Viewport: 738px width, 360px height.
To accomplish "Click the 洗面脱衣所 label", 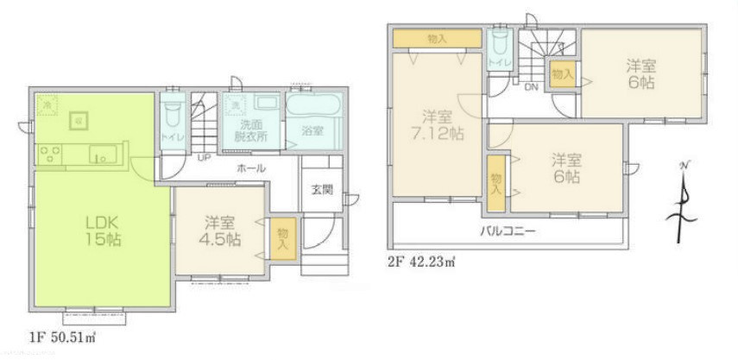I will point(254,130).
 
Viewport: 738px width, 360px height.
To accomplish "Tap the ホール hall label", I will point(251,168).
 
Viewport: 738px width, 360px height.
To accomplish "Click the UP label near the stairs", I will point(204,159).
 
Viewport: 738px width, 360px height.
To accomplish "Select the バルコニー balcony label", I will point(509,231).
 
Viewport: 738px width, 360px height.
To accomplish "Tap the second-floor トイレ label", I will point(497,63).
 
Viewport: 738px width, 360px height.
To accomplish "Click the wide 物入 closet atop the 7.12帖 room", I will point(437,39).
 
